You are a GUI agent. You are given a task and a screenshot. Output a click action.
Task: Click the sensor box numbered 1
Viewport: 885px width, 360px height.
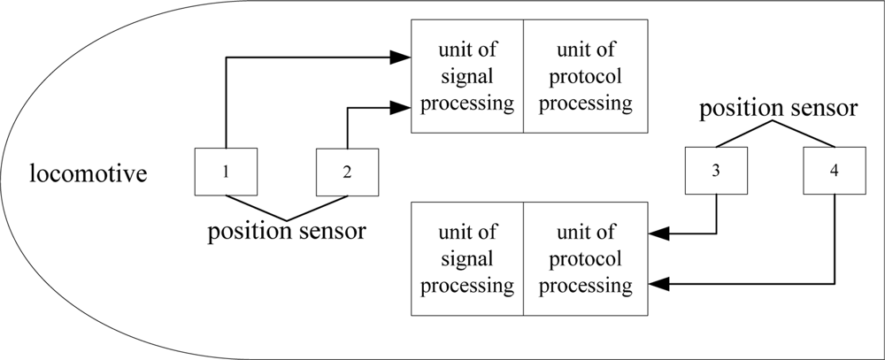click(x=227, y=172)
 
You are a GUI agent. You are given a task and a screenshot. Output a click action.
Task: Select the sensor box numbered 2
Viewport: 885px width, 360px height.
click(x=347, y=172)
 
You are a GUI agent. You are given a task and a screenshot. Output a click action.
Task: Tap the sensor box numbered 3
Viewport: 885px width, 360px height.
click(x=715, y=172)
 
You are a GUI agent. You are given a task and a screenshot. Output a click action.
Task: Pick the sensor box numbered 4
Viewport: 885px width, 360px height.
click(x=835, y=172)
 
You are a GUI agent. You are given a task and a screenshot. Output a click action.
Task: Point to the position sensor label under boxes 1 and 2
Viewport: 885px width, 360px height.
click(x=287, y=233)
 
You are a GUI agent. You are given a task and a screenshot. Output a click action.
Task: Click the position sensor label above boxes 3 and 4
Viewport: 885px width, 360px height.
click(x=778, y=110)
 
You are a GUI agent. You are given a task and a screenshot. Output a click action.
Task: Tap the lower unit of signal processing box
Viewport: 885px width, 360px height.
click(x=467, y=259)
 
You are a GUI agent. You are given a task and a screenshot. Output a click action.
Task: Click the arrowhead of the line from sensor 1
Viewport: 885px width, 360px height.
click(x=402, y=58)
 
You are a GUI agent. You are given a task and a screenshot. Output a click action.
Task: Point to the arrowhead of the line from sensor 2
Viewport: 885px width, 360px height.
click(x=402, y=108)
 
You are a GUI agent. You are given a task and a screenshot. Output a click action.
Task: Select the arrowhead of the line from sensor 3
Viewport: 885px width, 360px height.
click(x=658, y=234)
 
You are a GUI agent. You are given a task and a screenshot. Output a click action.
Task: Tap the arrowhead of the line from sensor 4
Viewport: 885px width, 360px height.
click(x=658, y=284)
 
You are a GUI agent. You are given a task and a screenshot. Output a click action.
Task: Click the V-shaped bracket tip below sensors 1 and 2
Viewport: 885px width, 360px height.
click(x=287, y=218)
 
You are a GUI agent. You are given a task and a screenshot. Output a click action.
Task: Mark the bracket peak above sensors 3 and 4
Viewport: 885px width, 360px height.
click(x=776, y=123)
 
